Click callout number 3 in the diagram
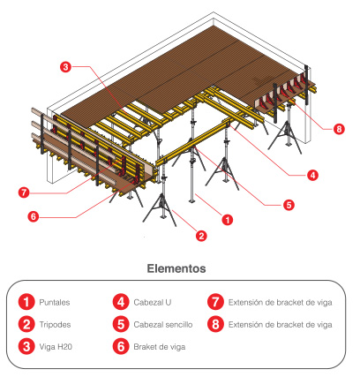[65, 67]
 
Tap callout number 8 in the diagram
[339, 129]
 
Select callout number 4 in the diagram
[312, 175]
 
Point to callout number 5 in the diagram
[289, 205]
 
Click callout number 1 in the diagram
[227, 220]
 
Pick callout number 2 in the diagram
[201, 236]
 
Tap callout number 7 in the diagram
[24, 193]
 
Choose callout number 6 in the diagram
[34, 217]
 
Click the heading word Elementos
[176, 268]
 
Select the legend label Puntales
[55, 302]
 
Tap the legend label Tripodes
[55, 325]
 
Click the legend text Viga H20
[56, 347]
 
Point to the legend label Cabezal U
[153, 302]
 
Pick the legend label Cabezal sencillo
[163, 325]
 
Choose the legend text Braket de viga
[160, 347]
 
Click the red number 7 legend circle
[215, 302]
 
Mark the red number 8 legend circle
[215, 324]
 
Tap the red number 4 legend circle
[121, 302]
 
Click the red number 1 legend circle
[26, 302]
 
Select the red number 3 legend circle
[26, 346]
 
